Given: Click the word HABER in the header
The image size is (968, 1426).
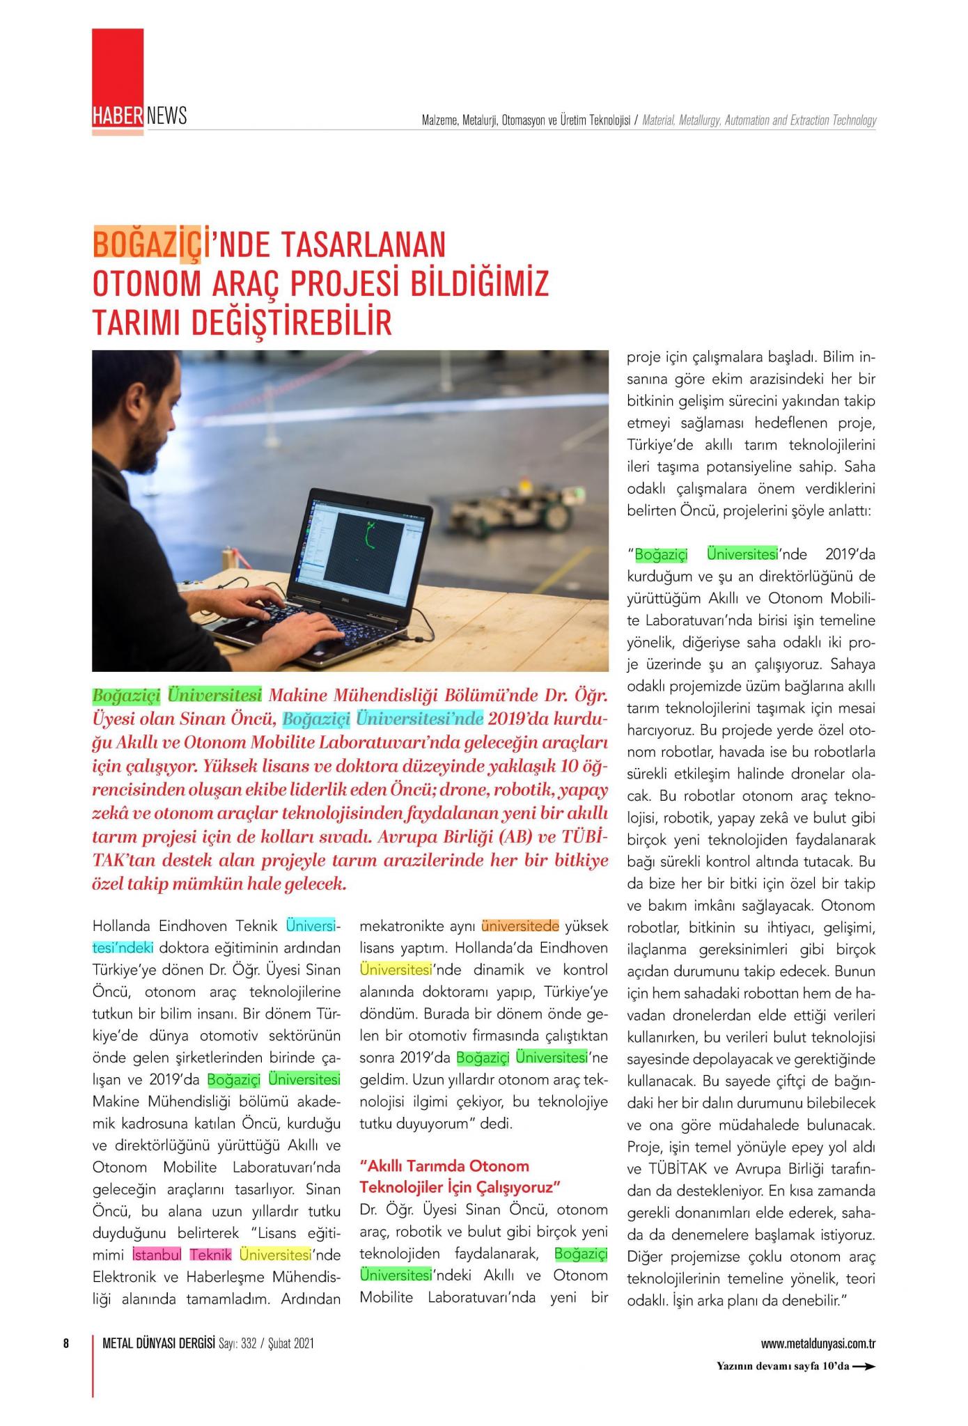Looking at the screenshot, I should [x=118, y=116].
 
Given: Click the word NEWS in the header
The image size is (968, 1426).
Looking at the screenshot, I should [x=166, y=116].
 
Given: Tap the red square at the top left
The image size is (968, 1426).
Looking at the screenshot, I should [x=118, y=66].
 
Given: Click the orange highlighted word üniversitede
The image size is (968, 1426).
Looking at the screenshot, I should [x=520, y=927].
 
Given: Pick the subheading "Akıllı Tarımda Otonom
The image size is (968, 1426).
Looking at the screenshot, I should [x=444, y=1166].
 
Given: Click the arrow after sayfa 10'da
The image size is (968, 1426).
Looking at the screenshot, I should [x=864, y=1366].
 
